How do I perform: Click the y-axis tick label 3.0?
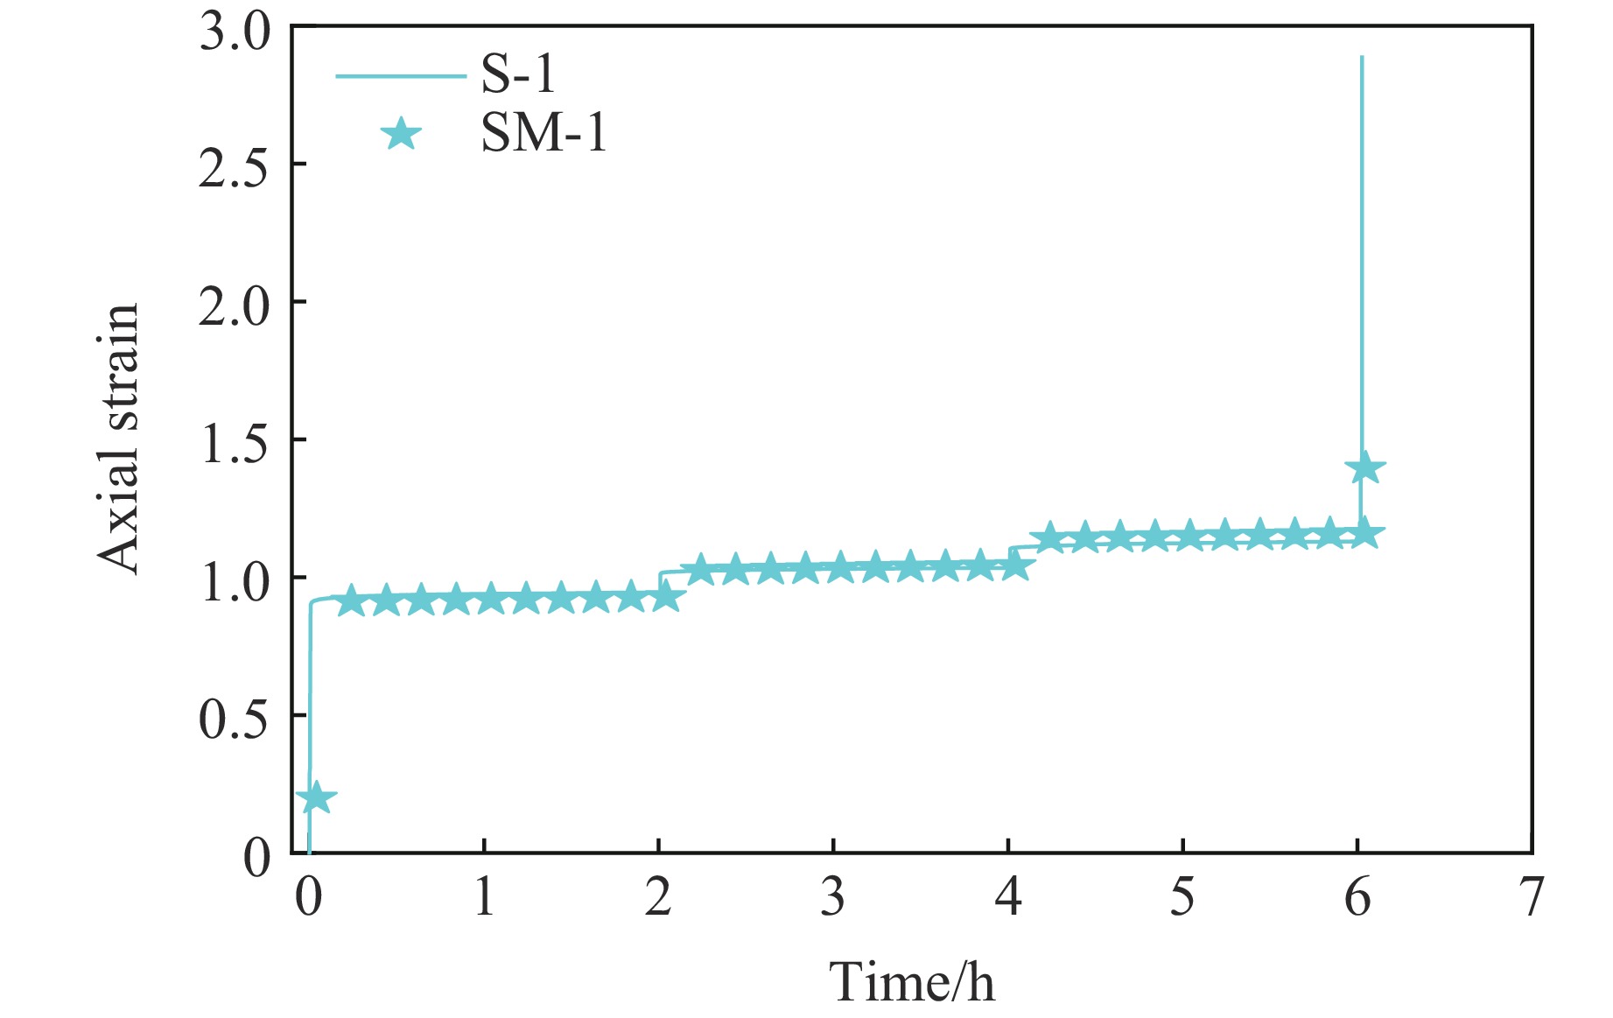(235, 32)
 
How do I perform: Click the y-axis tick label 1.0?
(235, 579)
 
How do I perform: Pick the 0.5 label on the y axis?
(235, 717)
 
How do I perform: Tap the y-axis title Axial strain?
(119, 439)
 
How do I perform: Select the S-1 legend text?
(518, 75)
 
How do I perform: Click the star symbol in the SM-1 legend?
(401, 135)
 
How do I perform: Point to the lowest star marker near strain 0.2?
(316, 797)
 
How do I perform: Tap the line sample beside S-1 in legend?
(401, 76)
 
